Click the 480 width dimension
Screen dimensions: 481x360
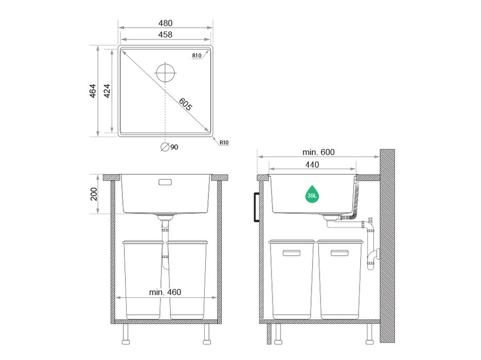(x=165, y=23)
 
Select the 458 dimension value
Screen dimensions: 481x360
(x=165, y=35)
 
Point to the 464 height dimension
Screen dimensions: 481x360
(x=92, y=91)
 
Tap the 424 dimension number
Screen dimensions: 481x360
(x=107, y=91)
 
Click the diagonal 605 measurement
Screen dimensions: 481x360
(x=185, y=104)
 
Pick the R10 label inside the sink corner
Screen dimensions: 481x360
(x=197, y=56)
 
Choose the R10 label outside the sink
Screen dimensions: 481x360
(x=224, y=143)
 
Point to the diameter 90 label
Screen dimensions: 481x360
(x=169, y=147)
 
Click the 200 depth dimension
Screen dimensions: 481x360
(x=94, y=194)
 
